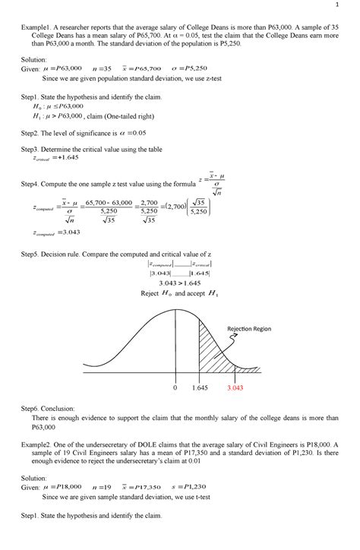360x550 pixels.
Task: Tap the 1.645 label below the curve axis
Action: click(x=200, y=387)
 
